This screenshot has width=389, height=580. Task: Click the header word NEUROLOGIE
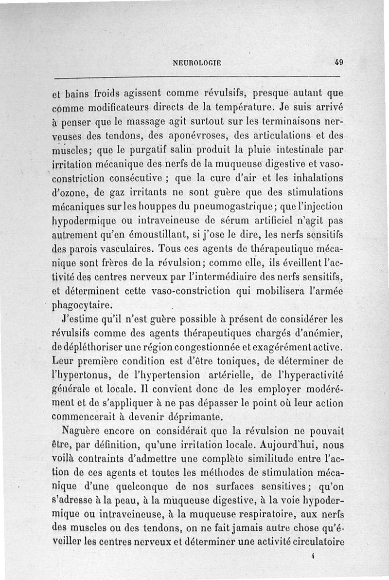pos(197,62)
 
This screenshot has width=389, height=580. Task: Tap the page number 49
pos(339,62)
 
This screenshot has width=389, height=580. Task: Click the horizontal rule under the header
pos(197,77)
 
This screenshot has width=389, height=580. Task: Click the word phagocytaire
pos(85,306)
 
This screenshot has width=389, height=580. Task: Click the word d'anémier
pos(321,334)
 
